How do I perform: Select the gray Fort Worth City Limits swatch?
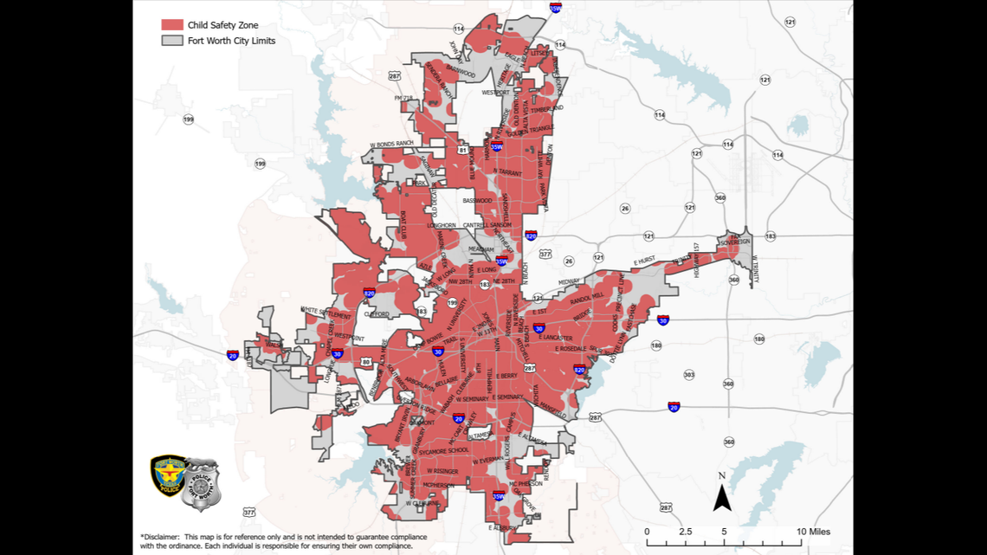coord(171,41)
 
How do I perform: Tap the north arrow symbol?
coord(722,494)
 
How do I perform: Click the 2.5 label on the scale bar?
coord(685,531)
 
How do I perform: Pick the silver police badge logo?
coord(203,484)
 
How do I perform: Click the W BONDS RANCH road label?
coord(397,143)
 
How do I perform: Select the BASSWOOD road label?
coord(477,201)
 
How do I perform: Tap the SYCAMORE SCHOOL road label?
coord(447,450)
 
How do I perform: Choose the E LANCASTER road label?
coord(555,338)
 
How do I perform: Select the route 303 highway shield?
coord(688,375)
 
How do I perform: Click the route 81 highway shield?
coord(463,150)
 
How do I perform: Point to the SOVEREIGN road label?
coord(735,242)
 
